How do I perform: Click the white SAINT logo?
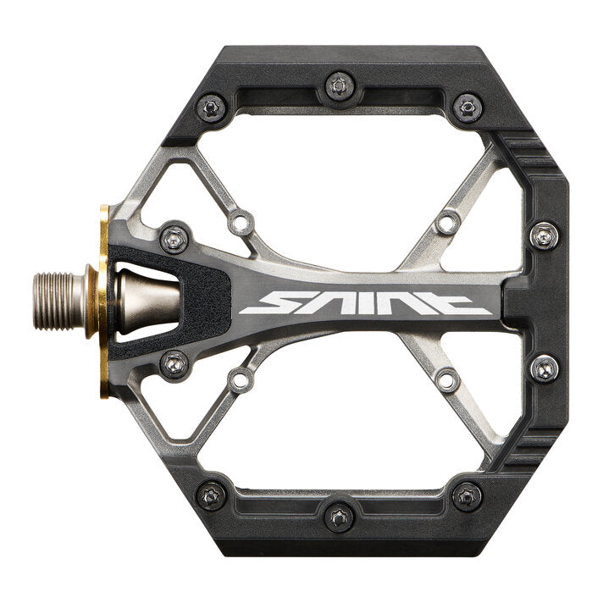[365, 302]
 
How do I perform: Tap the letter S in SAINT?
[265, 302]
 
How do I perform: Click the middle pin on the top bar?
[339, 86]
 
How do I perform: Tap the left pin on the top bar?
[211, 108]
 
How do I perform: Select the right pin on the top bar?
[467, 108]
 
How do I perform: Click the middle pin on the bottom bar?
[339, 517]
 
